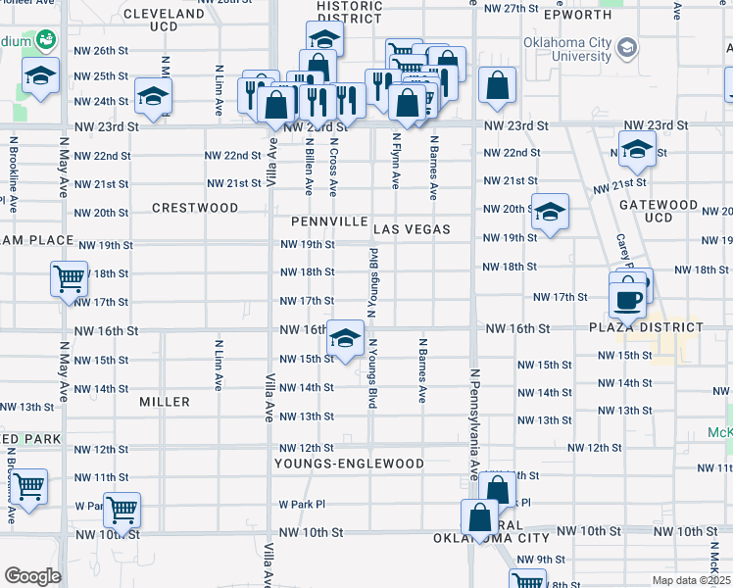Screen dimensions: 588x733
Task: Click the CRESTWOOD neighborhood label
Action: coord(195,208)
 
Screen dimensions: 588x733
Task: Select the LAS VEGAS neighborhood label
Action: coord(412,229)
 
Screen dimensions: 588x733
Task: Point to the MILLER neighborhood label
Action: coord(164,402)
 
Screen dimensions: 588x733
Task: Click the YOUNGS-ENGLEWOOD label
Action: coord(349,464)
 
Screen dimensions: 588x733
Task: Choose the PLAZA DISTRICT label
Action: coord(646,327)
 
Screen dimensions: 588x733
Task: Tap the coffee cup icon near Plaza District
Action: coord(627,298)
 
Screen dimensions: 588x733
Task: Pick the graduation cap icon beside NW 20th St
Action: coord(550,212)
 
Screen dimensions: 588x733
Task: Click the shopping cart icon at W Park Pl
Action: coord(122,509)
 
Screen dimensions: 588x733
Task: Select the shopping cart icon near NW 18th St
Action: coord(69,279)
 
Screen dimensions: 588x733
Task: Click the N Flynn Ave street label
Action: coord(396,161)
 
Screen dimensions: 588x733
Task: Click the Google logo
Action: coord(32,576)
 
